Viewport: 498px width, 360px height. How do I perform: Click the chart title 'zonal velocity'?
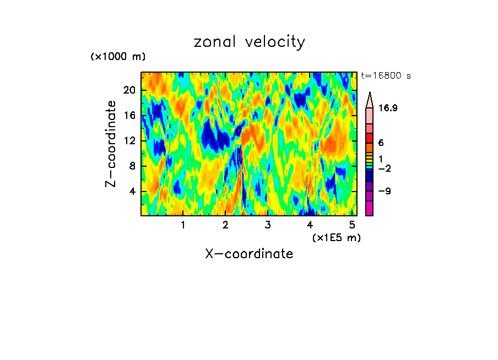[249, 42]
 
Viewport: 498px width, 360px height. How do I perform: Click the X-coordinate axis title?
[249, 254]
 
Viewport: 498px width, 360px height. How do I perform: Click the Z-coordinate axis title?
[111, 144]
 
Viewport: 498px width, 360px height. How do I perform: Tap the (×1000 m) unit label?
[118, 57]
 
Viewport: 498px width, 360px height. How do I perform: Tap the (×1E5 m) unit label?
[336, 237]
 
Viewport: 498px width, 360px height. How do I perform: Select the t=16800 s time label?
[386, 76]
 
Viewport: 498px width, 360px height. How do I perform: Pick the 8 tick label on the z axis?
[132, 166]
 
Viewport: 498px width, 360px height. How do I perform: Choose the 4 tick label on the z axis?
[132, 192]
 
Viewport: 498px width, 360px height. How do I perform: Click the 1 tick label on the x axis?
[183, 225]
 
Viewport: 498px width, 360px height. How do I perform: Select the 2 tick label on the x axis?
[225, 225]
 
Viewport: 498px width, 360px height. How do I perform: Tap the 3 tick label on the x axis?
[268, 225]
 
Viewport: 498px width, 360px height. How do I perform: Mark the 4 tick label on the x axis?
[310, 225]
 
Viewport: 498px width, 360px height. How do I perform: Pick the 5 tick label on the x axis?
[352, 225]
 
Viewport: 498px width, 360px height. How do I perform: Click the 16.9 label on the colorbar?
[388, 108]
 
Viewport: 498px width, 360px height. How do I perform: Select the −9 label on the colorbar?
[384, 192]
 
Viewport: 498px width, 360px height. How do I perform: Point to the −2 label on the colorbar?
[384, 168]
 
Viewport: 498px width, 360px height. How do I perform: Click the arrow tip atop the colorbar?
[369, 94]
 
